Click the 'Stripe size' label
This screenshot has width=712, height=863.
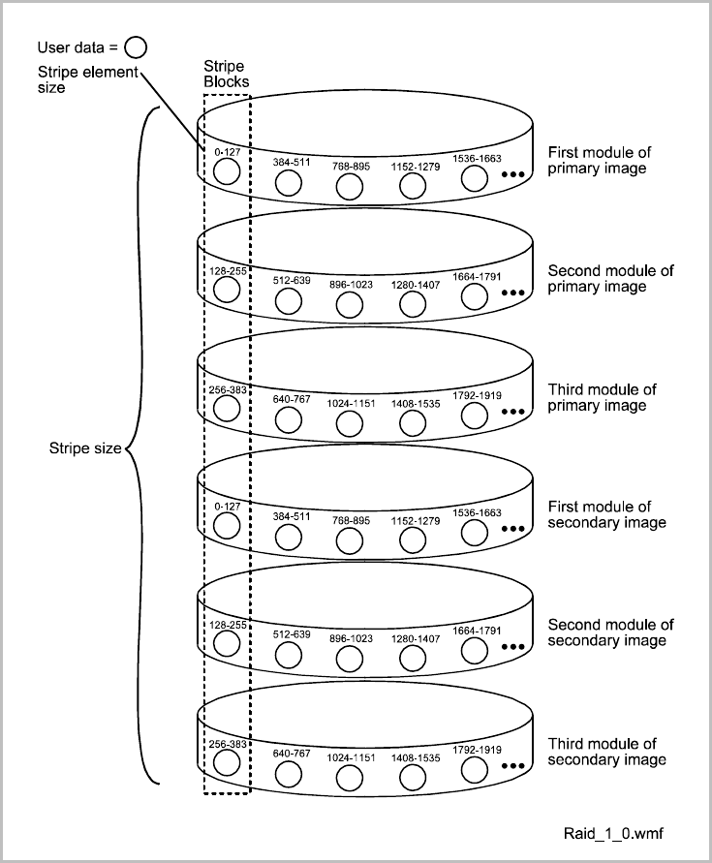click(85, 448)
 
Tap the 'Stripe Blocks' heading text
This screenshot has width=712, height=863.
click(225, 75)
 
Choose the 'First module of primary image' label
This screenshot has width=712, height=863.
click(598, 160)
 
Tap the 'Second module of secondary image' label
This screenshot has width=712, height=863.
click(611, 632)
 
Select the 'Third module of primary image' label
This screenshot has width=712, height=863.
click(603, 397)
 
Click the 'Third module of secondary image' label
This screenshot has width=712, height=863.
click(607, 751)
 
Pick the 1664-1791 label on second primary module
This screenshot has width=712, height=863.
click(476, 277)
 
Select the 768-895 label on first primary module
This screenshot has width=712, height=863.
click(351, 165)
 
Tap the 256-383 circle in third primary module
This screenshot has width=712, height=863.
click(226, 409)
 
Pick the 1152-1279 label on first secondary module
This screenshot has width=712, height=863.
click(416, 520)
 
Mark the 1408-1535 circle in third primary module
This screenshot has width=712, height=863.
click(413, 421)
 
